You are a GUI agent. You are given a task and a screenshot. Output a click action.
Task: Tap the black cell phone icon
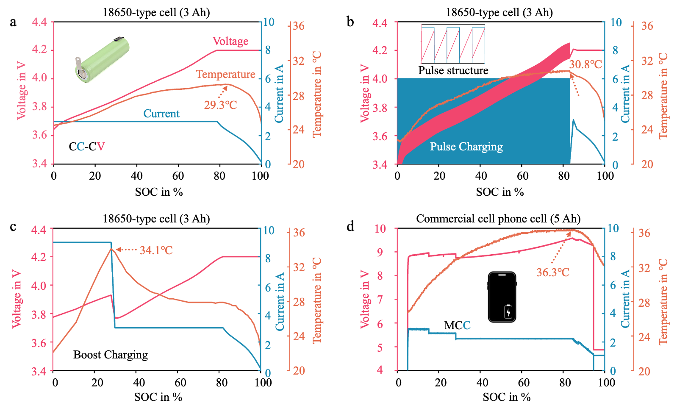coord(502,297)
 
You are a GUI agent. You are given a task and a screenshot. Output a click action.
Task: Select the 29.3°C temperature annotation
coord(220,105)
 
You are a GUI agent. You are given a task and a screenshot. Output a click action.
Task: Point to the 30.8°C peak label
coord(585,64)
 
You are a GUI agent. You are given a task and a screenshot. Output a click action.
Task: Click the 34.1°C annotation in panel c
coord(156,250)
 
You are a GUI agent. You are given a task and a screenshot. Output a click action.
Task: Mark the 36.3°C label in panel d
coord(553,272)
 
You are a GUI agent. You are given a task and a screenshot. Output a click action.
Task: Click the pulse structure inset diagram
coord(453,44)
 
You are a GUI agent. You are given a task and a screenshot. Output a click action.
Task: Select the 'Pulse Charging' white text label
coord(466,147)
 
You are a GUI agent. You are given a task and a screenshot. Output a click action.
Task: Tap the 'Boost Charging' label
coord(111,355)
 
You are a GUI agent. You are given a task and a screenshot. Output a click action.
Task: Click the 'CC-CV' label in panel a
coord(87,147)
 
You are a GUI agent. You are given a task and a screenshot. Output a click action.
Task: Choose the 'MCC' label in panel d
coord(457,325)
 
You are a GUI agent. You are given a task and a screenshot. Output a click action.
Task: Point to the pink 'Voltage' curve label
coord(230,41)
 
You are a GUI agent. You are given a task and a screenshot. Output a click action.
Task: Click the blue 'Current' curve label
coord(161,114)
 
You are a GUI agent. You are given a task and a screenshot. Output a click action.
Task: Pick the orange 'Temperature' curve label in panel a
coord(225,75)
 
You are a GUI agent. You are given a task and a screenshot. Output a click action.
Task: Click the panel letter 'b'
coord(350,21)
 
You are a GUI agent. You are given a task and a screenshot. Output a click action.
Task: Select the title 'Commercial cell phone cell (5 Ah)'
coord(498,219)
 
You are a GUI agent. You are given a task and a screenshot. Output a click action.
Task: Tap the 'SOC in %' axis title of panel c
coord(158,397)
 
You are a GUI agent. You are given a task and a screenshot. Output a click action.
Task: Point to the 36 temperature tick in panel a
coord(299,26)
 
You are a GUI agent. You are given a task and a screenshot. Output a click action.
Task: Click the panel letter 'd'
coord(350,226)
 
